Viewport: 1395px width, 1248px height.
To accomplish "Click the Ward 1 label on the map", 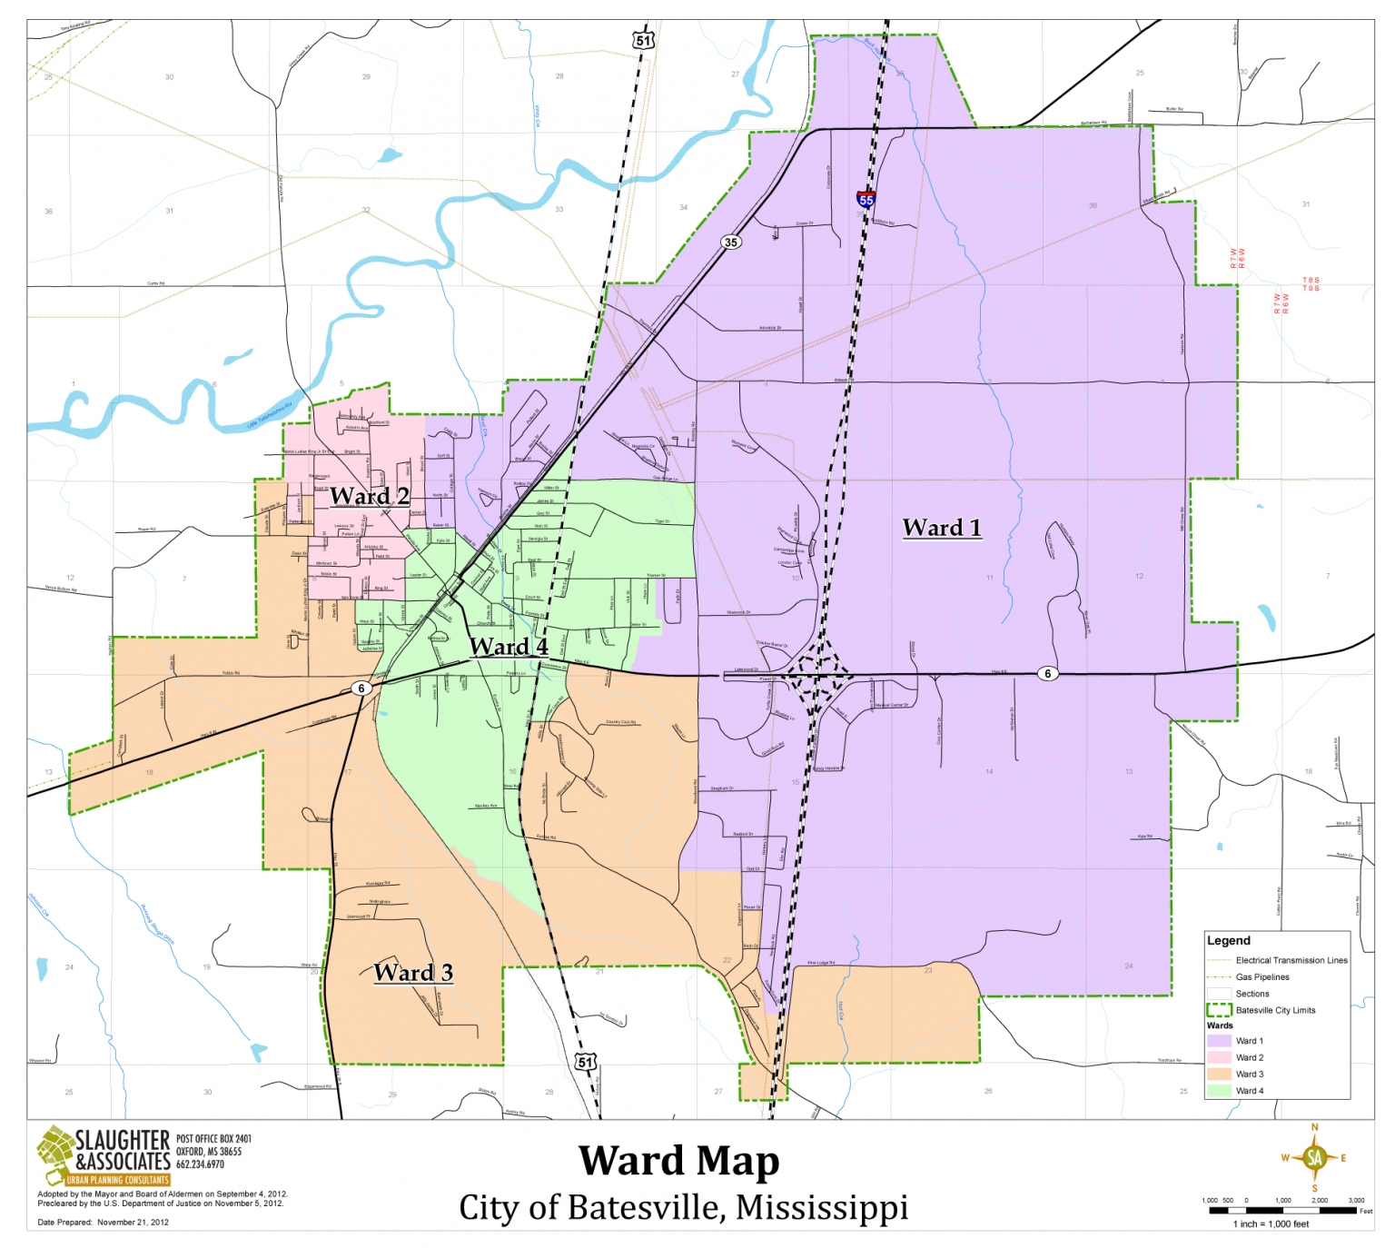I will click(942, 528).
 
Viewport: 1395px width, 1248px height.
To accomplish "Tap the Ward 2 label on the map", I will click(369, 496).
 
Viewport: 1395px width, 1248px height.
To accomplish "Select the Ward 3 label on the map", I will click(412, 973).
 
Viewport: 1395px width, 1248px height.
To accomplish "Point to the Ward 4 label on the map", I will click(508, 647).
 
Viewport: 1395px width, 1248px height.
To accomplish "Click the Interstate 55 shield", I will click(866, 199).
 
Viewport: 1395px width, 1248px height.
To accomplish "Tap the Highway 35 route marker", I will click(730, 243).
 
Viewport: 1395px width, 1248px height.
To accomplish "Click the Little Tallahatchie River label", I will click(270, 416).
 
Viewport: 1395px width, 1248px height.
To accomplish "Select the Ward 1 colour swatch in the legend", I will click(1219, 1041).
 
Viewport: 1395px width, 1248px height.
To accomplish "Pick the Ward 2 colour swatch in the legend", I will click(1219, 1057).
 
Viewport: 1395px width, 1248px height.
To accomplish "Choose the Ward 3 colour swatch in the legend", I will click(1219, 1074).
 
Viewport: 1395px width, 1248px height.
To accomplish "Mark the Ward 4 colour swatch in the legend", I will click(1219, 1091).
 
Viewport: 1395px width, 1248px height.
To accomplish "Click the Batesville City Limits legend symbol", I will click(1219, 1010).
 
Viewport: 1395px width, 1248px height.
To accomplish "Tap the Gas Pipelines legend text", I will click(1261, 977).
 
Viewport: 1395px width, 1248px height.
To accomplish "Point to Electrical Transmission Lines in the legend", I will click(1291, 960).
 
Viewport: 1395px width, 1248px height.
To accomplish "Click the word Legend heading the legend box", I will click(1228, 941).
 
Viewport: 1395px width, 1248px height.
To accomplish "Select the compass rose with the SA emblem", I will click(1314, 1157).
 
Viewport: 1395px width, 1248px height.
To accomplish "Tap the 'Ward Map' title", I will click(679, 1162).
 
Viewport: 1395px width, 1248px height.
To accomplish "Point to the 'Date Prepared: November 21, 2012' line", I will click(104, 1222).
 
